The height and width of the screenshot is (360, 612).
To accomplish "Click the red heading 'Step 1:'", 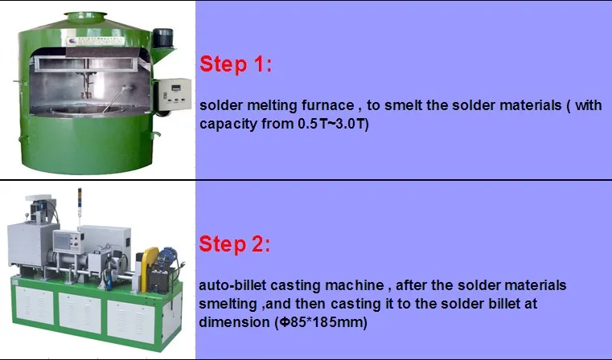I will pyautogui.click(x=235, y=65).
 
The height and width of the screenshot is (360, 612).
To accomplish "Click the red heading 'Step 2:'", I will pyautogui.click(x=236, y=244).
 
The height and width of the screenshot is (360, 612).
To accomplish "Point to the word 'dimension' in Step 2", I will pyautogui.click(x=233, y=323).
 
